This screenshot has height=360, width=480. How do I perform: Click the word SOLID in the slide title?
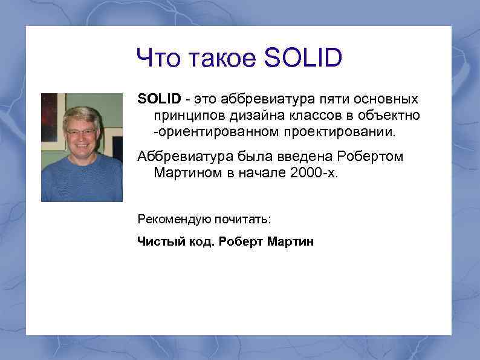(x=303, y=59)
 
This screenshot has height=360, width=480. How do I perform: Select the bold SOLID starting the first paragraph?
(x=159, y=99)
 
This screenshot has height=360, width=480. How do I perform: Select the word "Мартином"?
(x=184, y=173)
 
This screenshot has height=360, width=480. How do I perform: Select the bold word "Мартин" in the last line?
(x=291, y=242)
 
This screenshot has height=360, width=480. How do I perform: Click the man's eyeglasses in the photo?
(x=81, y=131)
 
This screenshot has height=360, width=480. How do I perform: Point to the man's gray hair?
(x=82, y=114)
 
